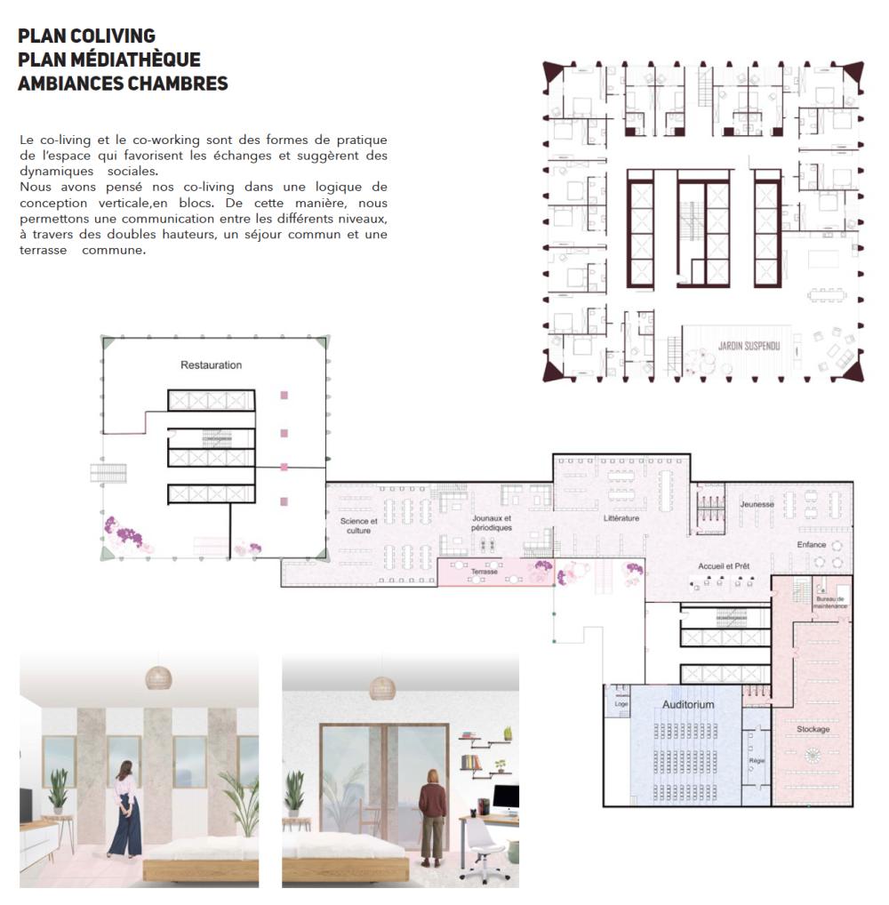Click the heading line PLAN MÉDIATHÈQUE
tap(109, 60)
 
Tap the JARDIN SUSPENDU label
tap(749, 346)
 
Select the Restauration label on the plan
tap(212, 364)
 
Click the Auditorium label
tap(688, 704)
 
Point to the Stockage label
tap(813, 729)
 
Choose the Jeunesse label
tap(757, 504)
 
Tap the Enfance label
tap(811, 544)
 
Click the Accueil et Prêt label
tap(724, 566)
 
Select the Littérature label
tap(621, 518)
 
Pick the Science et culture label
tap(358, 525)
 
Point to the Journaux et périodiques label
tap(492, 523)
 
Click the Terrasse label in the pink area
tap(484, 572)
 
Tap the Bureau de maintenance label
tap(830, 603)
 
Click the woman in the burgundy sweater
tap(432, 816)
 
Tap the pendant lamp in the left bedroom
tap(158, 677)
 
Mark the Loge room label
tap(621, 703)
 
